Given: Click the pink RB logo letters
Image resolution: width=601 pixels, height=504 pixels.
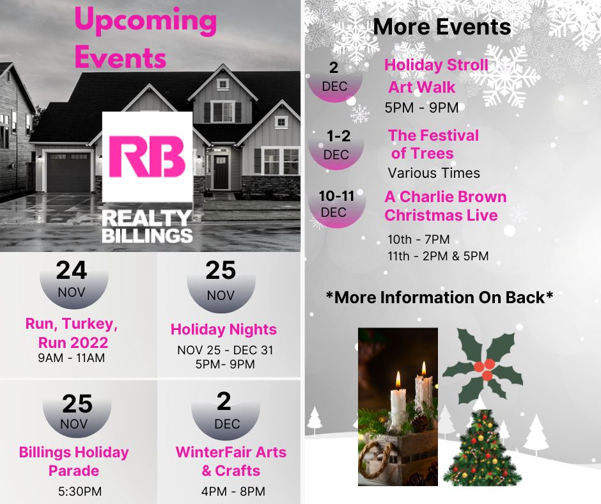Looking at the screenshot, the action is pos(147,157).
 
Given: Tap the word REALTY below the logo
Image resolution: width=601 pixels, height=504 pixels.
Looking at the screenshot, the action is pos(147,219).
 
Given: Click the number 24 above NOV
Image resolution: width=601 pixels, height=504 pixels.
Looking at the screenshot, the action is pos(72,271).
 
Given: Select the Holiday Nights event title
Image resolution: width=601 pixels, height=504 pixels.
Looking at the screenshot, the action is pos(224,329).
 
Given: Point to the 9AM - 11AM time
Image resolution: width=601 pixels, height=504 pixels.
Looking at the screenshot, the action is pos(72,358).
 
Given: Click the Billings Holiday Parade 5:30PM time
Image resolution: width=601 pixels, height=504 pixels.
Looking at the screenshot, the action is pos(80,491).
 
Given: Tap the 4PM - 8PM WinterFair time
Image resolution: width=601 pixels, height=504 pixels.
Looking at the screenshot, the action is pos(233,491).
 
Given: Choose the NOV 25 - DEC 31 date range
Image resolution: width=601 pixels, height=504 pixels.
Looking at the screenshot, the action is pos(225,350).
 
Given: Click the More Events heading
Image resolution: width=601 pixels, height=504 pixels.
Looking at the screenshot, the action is pos(442,28).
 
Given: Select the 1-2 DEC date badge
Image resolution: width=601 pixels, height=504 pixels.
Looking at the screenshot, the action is pos(336,147).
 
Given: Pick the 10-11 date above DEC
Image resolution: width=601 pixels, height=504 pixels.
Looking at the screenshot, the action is pos(336,196).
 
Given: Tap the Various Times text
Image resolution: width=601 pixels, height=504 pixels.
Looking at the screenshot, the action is pos(434,173).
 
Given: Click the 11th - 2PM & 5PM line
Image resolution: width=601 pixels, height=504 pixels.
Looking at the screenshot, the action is pos(438,256).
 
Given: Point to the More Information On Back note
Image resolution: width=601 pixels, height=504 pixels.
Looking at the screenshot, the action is pos(440,297).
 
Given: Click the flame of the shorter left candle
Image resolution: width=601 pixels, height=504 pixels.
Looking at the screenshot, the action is pos(398,380).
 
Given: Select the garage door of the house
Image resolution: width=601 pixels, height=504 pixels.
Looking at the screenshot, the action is pos(68,172).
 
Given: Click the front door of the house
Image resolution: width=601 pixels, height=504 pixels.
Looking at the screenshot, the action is pos(221,172).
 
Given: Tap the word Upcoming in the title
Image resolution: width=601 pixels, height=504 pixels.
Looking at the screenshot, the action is pos(146,20).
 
